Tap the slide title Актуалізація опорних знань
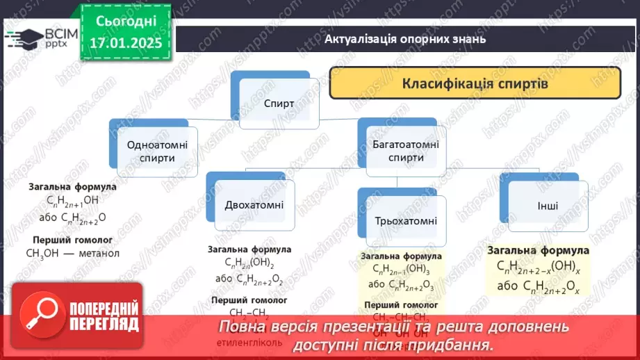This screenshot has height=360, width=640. (x=404, y=38)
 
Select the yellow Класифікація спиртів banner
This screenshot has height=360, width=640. (x=475, y=84)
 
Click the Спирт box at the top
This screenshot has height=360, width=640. (x=279, y=103)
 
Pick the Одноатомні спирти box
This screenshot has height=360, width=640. (x=151, y=151)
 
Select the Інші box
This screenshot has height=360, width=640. (x=548, y=206)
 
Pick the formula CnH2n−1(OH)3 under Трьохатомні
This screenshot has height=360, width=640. (x=401, y=270)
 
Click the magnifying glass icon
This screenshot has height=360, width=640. (x=36, y=316)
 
